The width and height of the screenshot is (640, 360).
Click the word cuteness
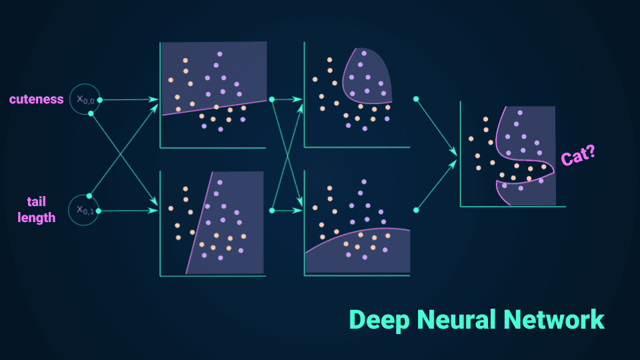pos(37,99)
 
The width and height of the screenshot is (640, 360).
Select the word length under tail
pos(37,217)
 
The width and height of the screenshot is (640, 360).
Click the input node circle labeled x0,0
pos(85,99)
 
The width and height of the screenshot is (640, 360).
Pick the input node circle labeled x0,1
pos(85,210)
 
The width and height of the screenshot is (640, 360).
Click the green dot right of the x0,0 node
pos(99,100)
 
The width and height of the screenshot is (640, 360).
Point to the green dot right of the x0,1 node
pos(99,211)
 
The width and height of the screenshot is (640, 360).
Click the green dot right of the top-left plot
pos(272,99)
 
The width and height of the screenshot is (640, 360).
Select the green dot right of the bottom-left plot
pos(272,210)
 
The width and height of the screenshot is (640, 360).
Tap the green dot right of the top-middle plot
pos(416,99)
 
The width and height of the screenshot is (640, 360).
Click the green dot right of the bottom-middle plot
pos(416,210)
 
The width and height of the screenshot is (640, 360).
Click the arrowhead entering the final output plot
pos(455,155)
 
